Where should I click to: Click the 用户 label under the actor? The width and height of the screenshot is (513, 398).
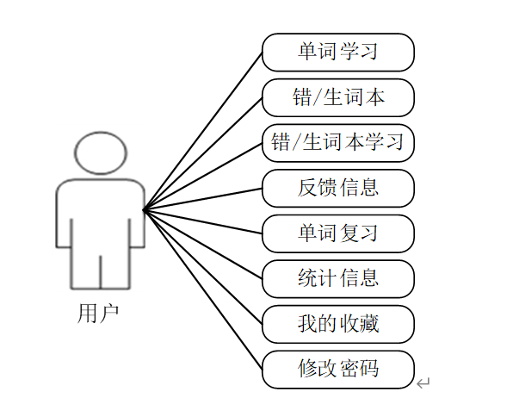(x=98, y=314)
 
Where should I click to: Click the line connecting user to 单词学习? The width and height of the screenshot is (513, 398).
(x=203, y=131)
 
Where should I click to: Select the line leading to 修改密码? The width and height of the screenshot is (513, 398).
(x=203, y=290)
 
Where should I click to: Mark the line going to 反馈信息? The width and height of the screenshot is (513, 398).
(x=203, y=199)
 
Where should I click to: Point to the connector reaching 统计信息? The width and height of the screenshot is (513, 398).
(x=203, y=245)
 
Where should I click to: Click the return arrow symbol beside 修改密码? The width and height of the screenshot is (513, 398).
(x=423, y=382)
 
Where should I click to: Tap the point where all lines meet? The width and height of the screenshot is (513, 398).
(x=144, y=210)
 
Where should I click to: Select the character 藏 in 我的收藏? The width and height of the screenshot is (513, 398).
(x=369, y=324)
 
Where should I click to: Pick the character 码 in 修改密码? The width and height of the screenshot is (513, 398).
(x=369, y=369)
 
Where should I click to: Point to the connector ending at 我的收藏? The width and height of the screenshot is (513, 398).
(x=203, y=267)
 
